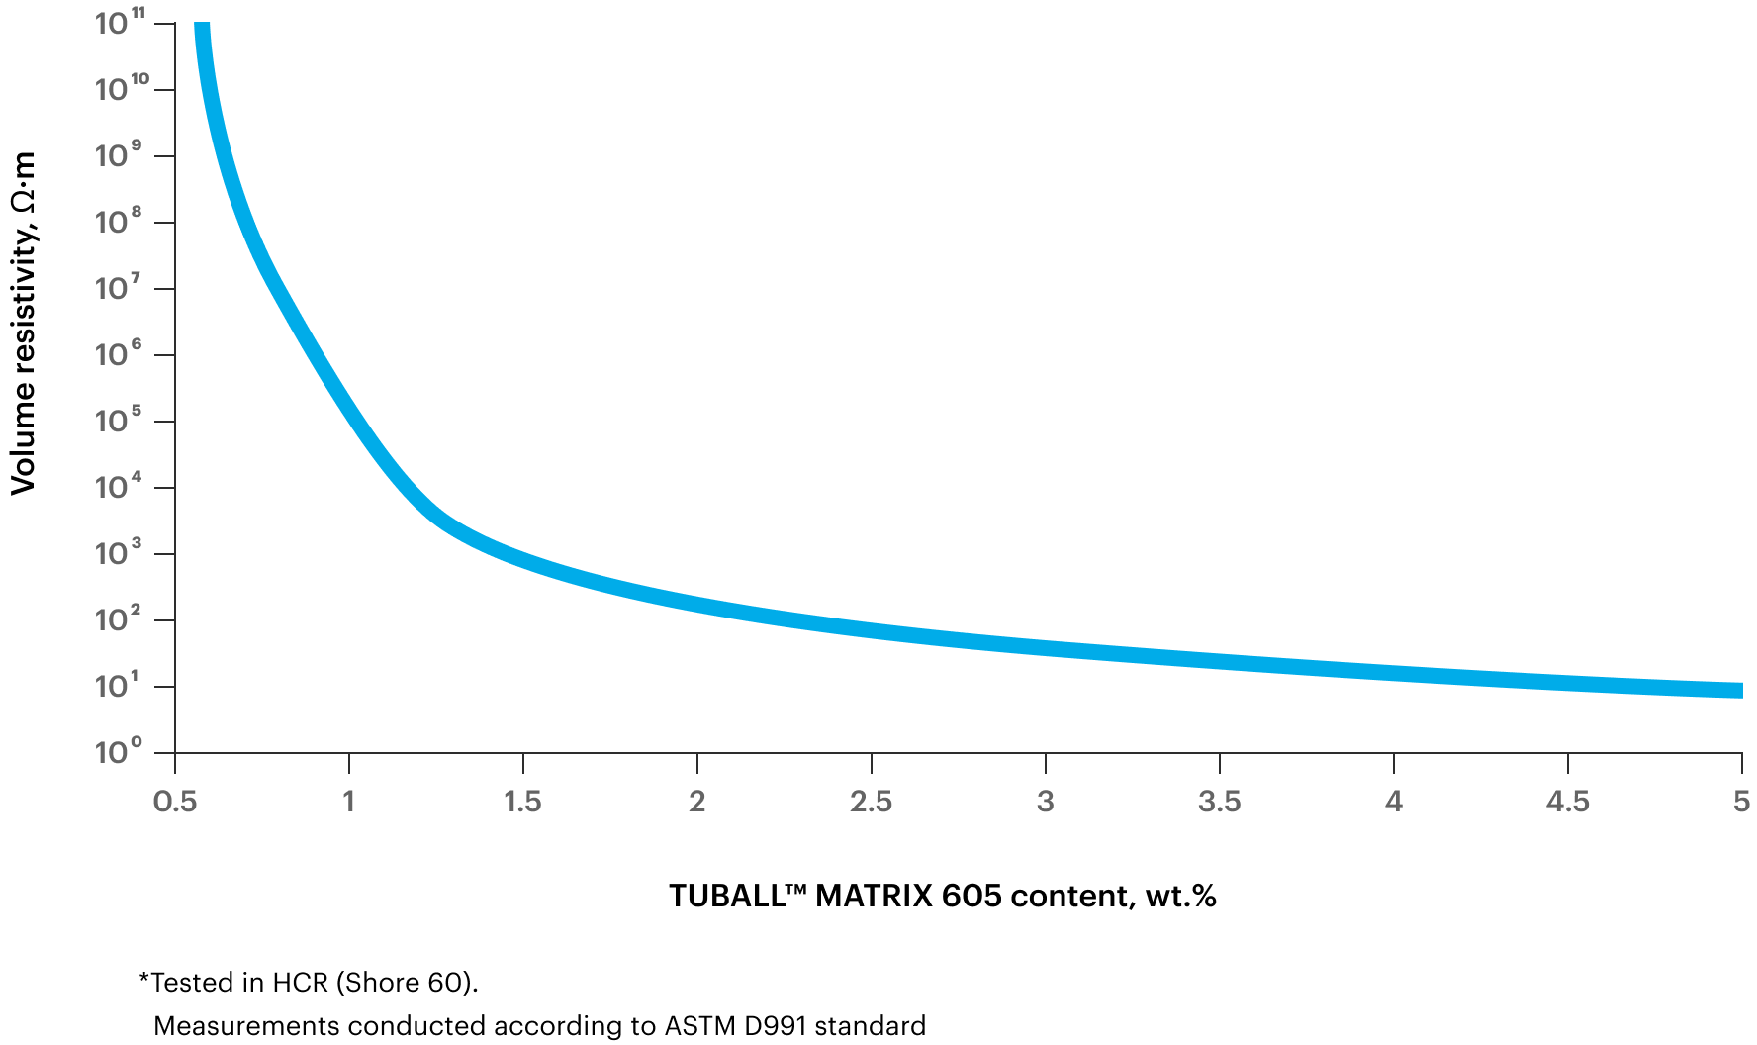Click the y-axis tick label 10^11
(120, 22)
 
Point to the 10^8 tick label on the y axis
(119, 222)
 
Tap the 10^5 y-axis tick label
(119, 421)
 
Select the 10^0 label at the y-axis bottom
(119, 752)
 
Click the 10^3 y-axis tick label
(119, 553)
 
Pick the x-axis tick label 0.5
(175, 802)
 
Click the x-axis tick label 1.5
(522, 802)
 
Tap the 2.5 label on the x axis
(871, 802)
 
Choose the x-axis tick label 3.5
(1219, 802)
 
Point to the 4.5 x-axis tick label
(1567, 802)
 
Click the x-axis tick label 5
(1741, 802)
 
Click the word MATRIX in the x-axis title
(874, 896)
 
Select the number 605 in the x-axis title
(971, 896)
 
